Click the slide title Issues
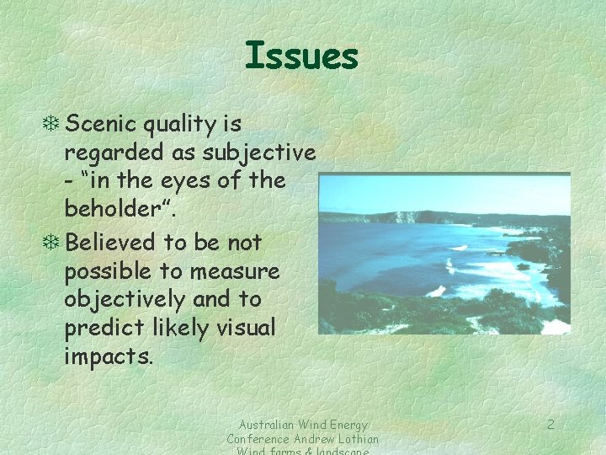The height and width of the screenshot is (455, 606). coord(301,56)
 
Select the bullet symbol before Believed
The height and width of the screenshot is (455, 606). coord(53,243)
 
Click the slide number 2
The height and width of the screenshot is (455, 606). coord(550,425)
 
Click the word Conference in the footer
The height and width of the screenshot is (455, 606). coord(258,439)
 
